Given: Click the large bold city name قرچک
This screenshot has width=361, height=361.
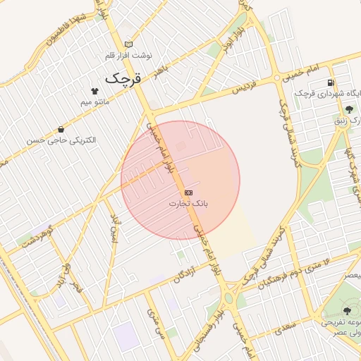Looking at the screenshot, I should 123,78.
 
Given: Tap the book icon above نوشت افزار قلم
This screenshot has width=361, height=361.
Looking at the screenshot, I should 128,44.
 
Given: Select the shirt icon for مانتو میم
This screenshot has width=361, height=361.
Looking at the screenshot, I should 94,91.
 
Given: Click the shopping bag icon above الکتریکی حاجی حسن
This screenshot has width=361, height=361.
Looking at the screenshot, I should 61,129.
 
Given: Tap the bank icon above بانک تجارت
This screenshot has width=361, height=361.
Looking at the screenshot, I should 188,192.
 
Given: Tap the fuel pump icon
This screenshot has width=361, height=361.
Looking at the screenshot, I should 331,82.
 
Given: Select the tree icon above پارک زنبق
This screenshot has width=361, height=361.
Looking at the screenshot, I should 349,109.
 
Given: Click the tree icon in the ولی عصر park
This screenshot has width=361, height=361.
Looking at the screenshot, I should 346,310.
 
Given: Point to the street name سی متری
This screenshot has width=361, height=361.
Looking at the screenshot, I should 155,324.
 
